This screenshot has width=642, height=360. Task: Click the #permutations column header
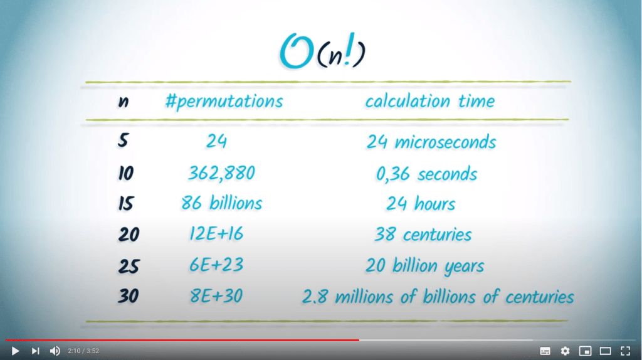coord(224,102)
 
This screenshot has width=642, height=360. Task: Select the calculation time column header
coord(430,101)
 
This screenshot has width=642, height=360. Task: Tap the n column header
coord(124,102)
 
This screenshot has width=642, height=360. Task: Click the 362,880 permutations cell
coord(221,173)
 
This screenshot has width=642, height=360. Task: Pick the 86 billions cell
coord(221,203)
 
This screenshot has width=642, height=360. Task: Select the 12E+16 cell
coord(216,233)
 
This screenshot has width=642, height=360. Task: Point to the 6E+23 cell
coord(216,265)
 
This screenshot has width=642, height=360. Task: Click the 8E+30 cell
coord(216,295)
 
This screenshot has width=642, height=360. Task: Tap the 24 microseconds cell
coord(431,142)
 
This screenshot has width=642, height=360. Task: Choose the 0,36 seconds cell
coord(426,174)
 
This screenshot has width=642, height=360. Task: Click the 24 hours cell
coord(421,204)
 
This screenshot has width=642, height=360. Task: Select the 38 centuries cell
coord(423,235)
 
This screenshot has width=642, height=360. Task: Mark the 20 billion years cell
coord(424,265)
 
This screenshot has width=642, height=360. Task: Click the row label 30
coord(128,295)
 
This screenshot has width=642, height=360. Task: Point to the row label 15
coord(126,203)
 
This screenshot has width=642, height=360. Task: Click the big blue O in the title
coord(297,51)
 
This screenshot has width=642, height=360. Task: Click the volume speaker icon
coord(55,351)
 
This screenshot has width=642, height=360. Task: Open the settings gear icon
coord(565,351)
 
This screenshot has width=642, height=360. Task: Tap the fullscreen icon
coord(625,351)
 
